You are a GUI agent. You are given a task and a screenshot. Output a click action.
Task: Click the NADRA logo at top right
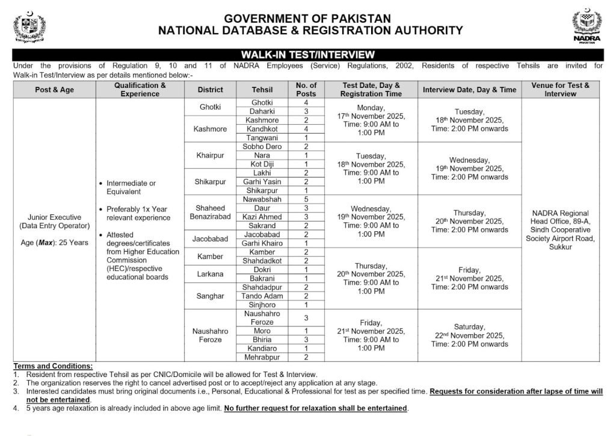pos(587,28)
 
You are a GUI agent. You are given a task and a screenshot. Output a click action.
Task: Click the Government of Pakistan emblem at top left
pos(29,27)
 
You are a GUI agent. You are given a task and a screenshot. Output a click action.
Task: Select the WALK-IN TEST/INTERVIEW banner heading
pos(308,55)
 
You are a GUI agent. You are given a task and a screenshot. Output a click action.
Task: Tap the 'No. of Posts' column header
pos(306,90)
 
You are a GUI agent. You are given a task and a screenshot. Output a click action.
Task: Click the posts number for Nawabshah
pos(306,199)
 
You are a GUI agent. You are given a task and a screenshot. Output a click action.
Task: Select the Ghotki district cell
pos(210,107)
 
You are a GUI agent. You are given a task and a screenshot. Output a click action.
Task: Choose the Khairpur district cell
pos(210,155)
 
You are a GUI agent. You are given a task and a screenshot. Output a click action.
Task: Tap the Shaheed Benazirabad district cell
pos(210,212)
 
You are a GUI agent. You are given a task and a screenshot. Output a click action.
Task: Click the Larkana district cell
pos(210,274)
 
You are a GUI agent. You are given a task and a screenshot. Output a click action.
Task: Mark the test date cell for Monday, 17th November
pos(371,120)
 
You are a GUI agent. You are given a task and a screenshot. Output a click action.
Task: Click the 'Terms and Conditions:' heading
pos(53,366)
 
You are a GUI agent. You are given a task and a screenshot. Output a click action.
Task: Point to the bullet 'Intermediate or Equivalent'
pos(131,187)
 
